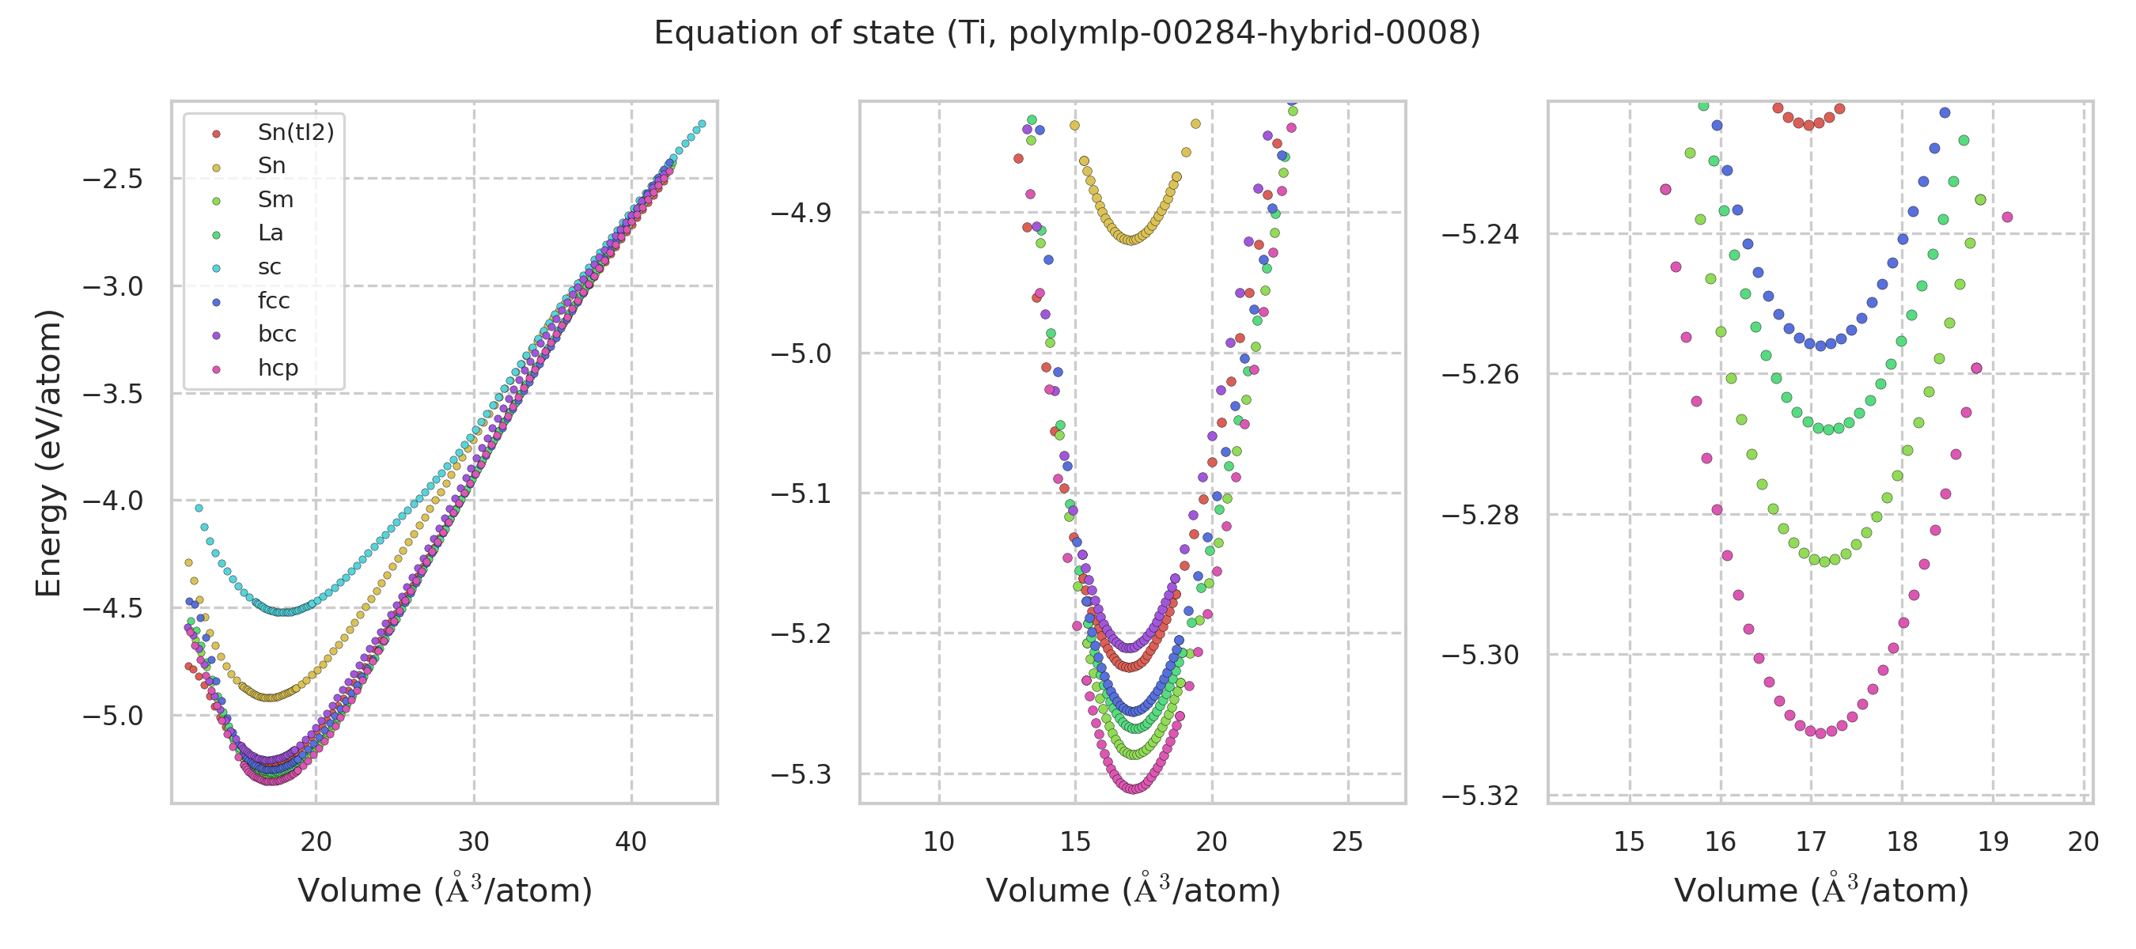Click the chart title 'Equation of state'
pos(1067,34)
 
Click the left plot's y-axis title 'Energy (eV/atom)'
pos(49,452)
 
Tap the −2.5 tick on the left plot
pos(113,180)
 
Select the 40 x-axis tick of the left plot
pos(631,842)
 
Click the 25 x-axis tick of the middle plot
pos(1347,842)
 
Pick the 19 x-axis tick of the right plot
pos(1994,842)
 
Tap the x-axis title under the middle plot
pos(1133,891)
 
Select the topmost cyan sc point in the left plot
pos(702,124)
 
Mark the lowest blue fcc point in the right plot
pos(1821,346)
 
